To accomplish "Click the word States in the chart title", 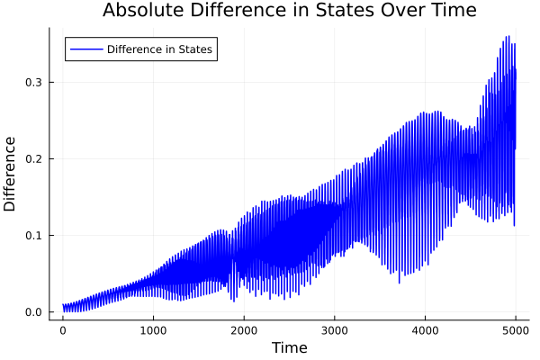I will click(x=337, y=11).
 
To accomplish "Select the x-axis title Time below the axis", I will click(x=289, y=347).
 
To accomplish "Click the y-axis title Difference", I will click(x=11, y=174).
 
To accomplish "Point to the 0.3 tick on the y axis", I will click(x=32, y=82).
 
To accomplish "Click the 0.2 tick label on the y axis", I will click(x=32, y=159).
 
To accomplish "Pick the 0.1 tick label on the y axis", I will click(x=32, y=236).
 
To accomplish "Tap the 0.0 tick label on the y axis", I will click(x=32, y=312).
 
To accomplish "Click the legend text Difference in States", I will click(x=159, y=49).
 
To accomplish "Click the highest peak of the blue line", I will click(x=508, y=37).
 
